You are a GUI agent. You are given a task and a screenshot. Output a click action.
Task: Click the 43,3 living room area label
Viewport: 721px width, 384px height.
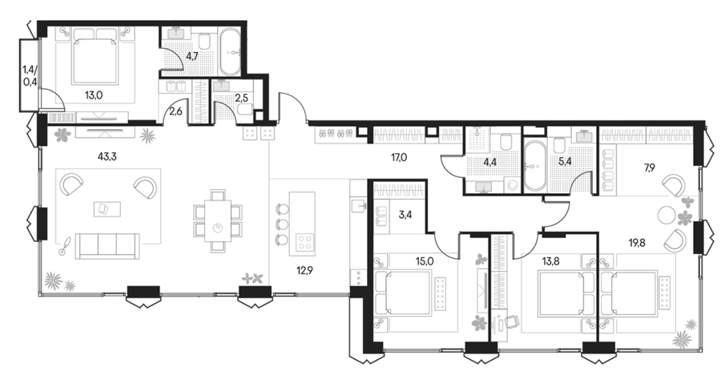(107, 157)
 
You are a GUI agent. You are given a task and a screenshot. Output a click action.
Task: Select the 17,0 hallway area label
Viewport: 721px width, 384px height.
(398, 158)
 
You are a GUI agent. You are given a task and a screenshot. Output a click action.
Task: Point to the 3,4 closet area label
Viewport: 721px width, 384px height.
(405, 215)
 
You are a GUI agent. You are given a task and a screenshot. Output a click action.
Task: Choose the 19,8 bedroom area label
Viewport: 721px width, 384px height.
(638, 242)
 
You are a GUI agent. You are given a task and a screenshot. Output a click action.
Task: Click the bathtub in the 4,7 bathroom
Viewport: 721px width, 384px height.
(229, 52)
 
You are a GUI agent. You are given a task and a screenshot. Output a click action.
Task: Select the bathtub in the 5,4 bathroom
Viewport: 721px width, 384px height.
(535, 166)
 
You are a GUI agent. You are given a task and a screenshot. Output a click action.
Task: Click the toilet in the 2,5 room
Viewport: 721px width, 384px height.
(246, 110)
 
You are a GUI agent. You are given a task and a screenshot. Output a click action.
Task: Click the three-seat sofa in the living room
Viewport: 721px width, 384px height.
(107, 246)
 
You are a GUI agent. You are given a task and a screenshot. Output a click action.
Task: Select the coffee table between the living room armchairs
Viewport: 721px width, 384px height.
(107, 208)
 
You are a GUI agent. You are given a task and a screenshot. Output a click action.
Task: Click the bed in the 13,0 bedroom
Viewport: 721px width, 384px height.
(94, 56)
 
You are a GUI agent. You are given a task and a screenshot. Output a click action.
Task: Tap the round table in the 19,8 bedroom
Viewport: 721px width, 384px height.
(666, 214)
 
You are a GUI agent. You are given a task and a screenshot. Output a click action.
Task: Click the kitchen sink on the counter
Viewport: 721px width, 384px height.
(358, 204)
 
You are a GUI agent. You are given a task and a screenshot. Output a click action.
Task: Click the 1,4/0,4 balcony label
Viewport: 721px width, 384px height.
(30, 76)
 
